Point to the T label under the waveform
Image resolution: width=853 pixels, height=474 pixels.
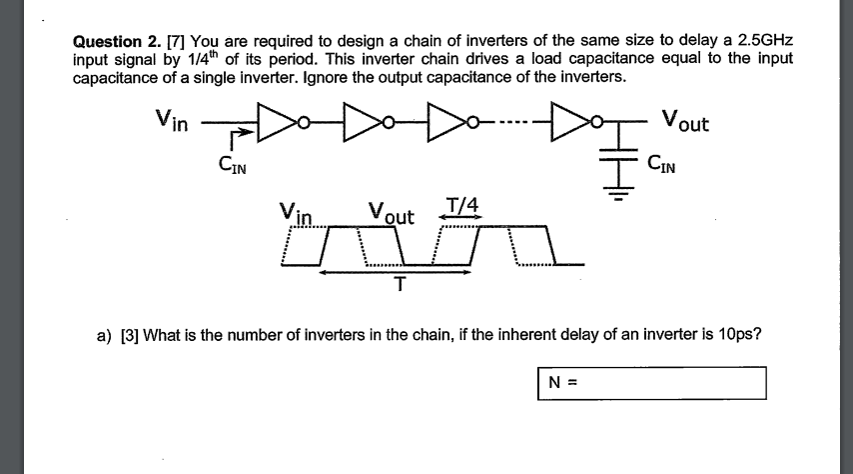(399, 285)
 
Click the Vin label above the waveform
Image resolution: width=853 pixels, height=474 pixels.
(297, 213)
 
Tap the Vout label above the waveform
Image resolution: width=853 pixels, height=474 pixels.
(391, 213)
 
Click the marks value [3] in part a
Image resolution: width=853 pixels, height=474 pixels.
(129, 334)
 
